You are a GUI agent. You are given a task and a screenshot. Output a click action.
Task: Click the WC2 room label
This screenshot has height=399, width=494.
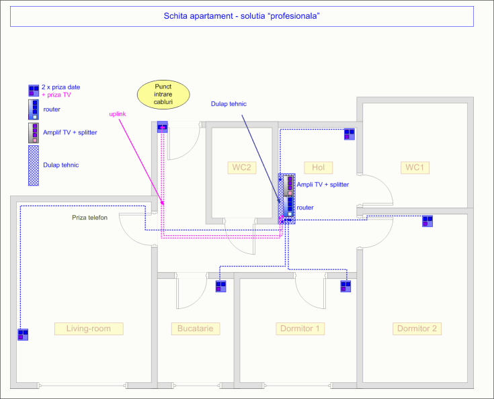pyautogui.click(x=242, y=167)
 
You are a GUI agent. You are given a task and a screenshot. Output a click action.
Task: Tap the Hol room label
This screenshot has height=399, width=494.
pyautogui.click(x=318, y=167)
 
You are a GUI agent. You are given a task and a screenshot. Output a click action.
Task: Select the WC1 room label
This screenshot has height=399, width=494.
pyautogui.click(x=415, y=167)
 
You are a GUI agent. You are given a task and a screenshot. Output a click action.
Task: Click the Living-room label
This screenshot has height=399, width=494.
pyautogui.click(x=89, y=328)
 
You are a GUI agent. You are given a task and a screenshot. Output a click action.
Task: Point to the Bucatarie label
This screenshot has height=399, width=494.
pyautogui.click(x=196, y=328)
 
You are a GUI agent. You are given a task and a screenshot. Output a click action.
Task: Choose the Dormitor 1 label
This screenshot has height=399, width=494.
pyautogui.click(x=300, y=328)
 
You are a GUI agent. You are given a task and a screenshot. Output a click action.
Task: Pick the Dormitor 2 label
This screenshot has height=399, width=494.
pyautogui.click(x=417, y=328)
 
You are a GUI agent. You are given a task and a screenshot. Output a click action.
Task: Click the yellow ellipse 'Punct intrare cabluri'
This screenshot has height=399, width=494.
pyautogui.click(x=163, y=95)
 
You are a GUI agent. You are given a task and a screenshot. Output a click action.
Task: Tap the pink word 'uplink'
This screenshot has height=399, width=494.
pyautogui.click(x=118, y=114)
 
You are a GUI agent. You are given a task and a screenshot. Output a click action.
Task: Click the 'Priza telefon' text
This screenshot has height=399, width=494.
pyautogui.click(x=90, y=218)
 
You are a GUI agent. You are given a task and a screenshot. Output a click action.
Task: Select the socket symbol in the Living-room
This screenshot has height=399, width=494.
pyautogui.click(x=23, y=335)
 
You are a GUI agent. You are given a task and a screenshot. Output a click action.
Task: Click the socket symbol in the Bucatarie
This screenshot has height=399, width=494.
pyautogui.click(x=221, y=286)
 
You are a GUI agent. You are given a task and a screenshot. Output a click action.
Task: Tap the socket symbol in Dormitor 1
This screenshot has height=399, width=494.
pyautogui.click(x=345, y=286)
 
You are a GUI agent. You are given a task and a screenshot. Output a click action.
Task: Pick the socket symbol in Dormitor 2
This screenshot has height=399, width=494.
pyautogui.click(x=427, y=221)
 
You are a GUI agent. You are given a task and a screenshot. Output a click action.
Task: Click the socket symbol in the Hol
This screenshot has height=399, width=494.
pyautogui.click(x=349, y=134)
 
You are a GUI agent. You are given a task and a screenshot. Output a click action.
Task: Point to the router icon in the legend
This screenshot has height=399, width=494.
pyautogui.click(x=34, y=109)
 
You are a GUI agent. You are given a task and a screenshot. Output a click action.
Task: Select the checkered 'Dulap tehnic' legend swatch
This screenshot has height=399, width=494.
pyautogui.click(x=34, y=165)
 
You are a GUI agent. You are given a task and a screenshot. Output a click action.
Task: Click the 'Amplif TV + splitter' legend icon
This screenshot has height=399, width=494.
pyautogui.click(x=34, y=133)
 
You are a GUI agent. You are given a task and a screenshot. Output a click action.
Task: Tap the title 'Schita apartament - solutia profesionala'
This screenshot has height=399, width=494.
pyautogui.click(x=242, y=16)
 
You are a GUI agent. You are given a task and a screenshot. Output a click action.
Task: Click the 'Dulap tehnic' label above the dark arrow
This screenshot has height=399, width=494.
pyautogui.click(x=229, y=104)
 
